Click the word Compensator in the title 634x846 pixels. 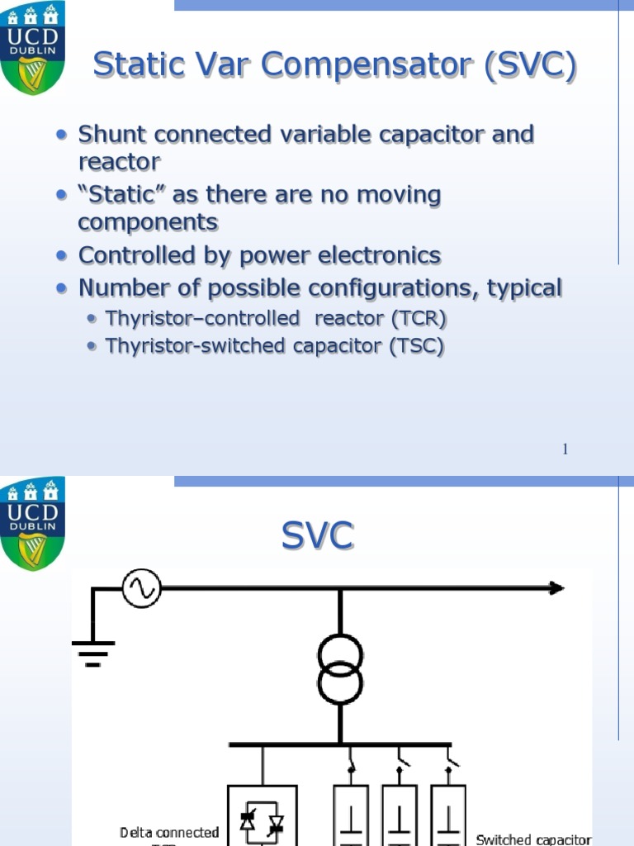pyautogui.click(x=340, y=66)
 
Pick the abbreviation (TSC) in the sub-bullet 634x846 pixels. pyautogui.click(x=416, y=346)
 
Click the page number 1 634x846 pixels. pyautogui.click(x=565, y=449)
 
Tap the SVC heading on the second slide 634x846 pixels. pyautogui.click(x=318, y=537)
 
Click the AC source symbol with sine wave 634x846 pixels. pyautogui.click(x=141, y=588)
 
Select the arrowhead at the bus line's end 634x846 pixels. pyautogui.click(x=556, y=588)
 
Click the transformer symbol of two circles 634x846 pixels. pyautogui.click(x=340, y=668)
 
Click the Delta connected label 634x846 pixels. pyautogui.click(x=169, y=833)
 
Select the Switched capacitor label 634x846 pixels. pyautogui.click(x=533, y=839)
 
